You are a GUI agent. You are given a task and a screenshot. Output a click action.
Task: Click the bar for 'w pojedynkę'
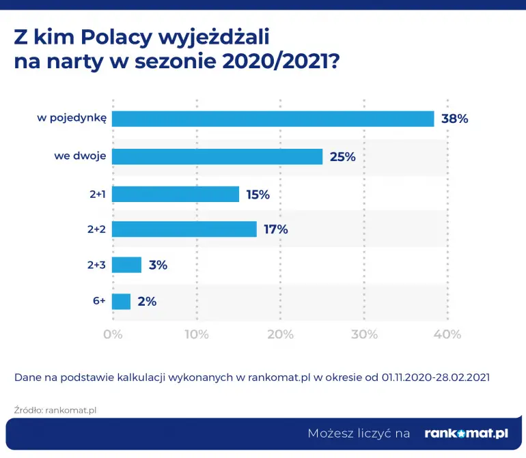pos(273,119)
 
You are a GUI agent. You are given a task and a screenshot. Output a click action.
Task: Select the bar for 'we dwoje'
pos(217,156)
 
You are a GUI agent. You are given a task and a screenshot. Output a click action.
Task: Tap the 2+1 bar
pos(175,194)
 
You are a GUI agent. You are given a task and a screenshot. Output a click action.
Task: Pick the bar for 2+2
pos(184,229)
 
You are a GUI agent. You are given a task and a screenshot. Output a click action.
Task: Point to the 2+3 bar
pos(126,265)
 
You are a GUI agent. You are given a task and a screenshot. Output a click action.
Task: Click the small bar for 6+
pos(121,301)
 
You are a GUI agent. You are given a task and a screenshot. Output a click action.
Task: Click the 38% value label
pos(454,119)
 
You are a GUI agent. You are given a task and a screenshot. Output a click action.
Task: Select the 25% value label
pos(343,156)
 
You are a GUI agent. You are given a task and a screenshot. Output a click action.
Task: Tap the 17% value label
pos(276,229)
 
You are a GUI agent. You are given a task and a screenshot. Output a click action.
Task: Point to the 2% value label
pos(147,301)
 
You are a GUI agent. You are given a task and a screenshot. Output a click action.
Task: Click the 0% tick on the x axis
pos(112,334)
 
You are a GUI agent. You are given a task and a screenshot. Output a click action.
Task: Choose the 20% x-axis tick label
pos(280,334)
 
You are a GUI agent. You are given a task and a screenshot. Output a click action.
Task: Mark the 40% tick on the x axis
pos(448,334)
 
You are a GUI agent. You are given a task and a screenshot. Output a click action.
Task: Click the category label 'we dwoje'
pos(80,156)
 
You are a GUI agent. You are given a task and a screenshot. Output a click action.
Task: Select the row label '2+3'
pos(96,265)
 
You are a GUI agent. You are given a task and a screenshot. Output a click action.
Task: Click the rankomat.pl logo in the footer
pos(467,433)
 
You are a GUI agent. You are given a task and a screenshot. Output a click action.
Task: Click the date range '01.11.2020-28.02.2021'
pos(436,377)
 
